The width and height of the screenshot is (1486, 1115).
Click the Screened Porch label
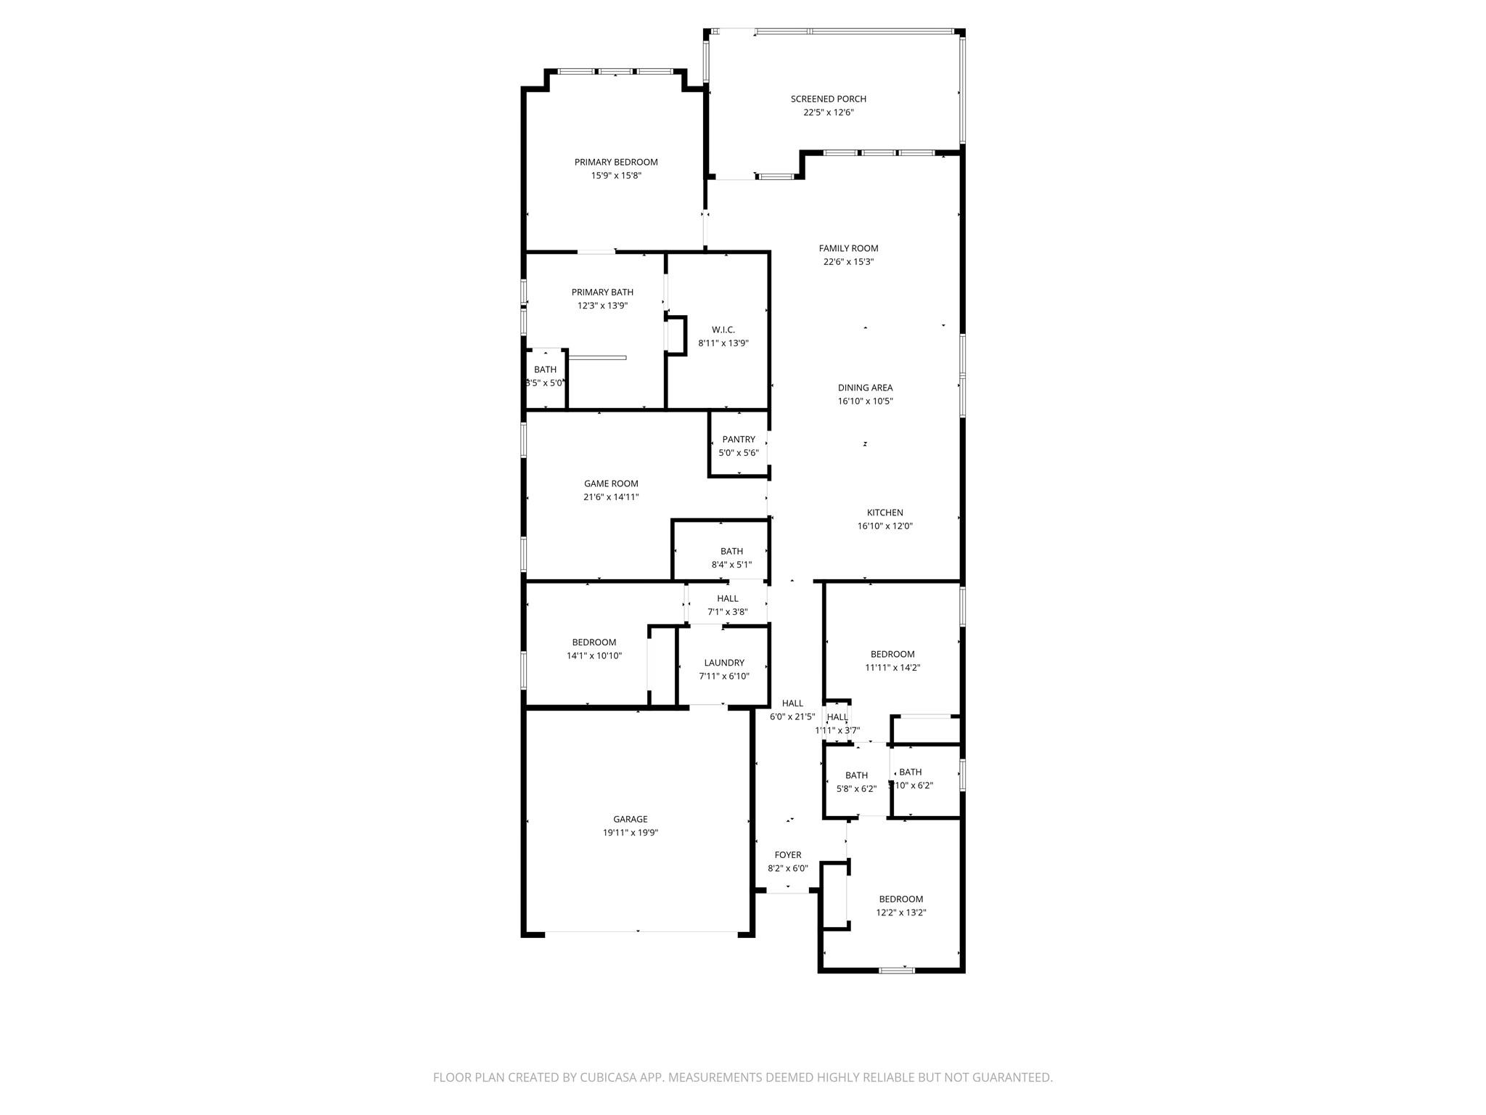coord(828,99)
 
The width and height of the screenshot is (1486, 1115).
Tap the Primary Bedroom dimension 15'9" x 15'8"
coord(616,176)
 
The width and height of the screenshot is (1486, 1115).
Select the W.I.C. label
coord(723,330)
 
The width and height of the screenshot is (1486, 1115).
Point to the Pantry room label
coord(739,439)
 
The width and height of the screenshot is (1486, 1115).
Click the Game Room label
coord(611,483)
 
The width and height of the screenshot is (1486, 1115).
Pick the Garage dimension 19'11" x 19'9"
coord(630,833)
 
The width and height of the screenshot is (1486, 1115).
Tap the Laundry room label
coord(723,663)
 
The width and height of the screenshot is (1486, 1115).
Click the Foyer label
coord(787,855)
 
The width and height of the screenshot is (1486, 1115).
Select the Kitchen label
coord(884,512)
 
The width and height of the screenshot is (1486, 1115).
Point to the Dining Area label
coord(865,388)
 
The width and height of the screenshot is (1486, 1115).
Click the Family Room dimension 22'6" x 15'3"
coord(848,262)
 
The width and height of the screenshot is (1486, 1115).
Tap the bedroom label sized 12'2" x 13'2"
coord(900,899)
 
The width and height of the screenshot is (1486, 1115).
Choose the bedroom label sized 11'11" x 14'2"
coord(892,654)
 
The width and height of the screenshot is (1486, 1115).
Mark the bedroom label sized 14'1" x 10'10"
coord(594,642)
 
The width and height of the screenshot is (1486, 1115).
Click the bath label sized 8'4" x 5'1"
coord(731,551)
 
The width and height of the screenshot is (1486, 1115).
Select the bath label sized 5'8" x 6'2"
coord(856,775)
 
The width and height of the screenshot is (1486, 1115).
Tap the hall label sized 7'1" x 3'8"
coord(727,598)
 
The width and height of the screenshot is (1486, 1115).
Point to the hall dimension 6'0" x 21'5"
coord(792,716)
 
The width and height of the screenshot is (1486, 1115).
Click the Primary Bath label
coord(602,293)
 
